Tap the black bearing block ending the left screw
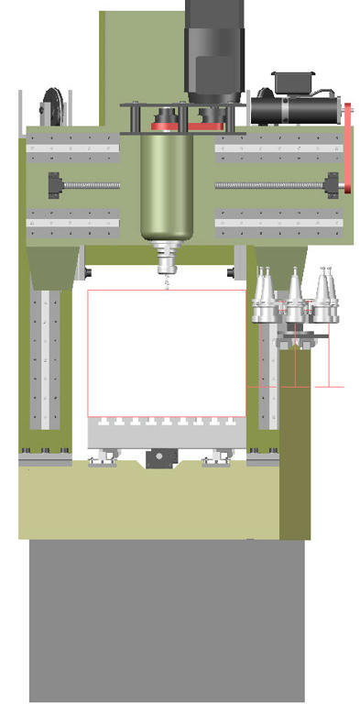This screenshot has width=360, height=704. [56, 185]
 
